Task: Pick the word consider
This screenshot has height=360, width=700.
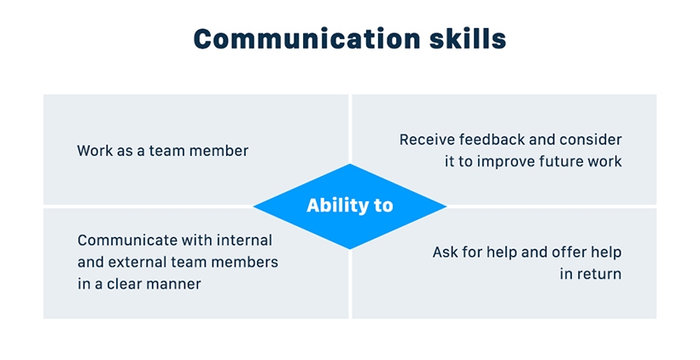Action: (x=592, y=139)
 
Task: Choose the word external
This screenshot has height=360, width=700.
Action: (x=137, y=262)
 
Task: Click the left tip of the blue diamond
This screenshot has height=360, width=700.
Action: (x=255, y=206)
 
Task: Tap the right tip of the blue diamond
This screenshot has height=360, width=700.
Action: (x=446, y=206)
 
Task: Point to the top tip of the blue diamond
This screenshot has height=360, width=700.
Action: (x=350, y=165)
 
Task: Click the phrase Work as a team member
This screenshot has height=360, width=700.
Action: (x=162, y=151)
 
